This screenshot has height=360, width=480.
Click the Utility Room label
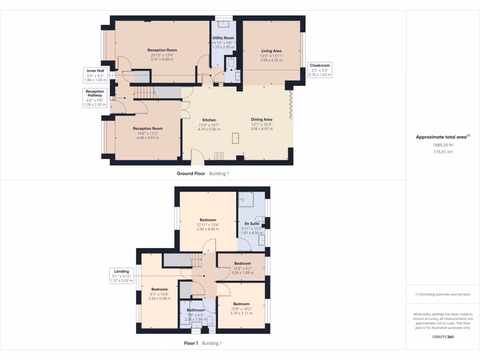click(223, 38)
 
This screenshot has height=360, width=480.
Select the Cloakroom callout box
click(320, 70)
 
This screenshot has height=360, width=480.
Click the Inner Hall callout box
click(95, 75)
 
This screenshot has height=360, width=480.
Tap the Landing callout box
click(122, 276)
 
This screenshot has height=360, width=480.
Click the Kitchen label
click(209, 120)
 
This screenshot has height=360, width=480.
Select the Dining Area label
click(262, 120)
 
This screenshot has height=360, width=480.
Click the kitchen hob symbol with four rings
click(219, 156)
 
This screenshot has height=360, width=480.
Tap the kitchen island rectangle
click(235, 138)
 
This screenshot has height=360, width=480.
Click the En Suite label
click(255, 224)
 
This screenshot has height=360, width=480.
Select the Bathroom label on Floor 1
click(196, 310)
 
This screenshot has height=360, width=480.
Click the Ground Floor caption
click(191, 173)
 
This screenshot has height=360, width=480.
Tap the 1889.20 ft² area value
click(443, 145)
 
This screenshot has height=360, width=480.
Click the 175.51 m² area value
click(443, 152)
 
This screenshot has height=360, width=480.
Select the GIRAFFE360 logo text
click(443, 337)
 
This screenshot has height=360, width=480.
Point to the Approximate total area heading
click(442, 137)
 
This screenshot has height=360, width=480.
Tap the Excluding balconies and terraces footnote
click(443, 294)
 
